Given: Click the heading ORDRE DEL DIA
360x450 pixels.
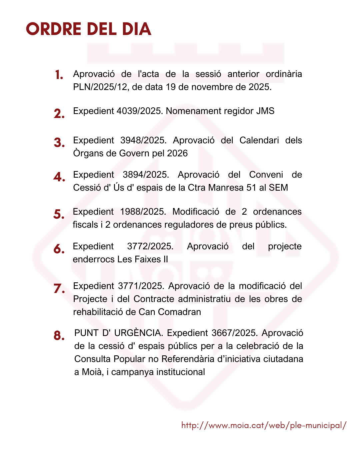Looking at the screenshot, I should click(x=89, y=29).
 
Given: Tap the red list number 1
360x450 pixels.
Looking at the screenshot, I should click(x=59, y=75).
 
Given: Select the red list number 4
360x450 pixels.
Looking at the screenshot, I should click(x=59, y=177).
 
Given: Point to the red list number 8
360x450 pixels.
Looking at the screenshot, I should click(x=59, y=335).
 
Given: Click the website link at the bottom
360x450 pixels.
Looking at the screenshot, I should click(x=264, y=425).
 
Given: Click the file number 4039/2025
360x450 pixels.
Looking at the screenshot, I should click(x=140, y=111).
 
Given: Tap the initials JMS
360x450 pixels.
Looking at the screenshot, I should click(x=265, y=111).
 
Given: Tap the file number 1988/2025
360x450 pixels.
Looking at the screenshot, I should click(x=143, y=212).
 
